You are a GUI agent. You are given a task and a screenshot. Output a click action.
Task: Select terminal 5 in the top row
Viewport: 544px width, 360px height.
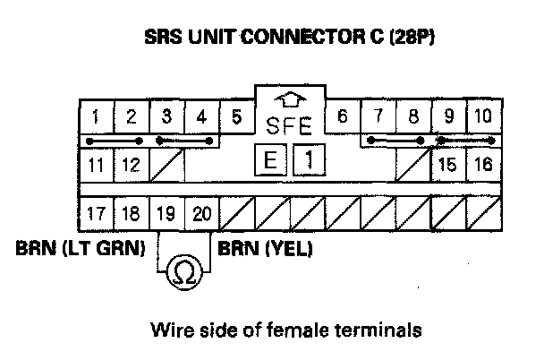coord(236,116)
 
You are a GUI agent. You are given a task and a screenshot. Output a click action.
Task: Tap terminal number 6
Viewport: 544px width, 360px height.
coord(342,116)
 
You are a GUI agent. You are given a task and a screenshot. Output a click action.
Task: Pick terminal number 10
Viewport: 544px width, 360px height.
coord(482,116)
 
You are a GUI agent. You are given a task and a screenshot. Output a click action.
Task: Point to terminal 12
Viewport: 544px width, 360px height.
coord(131,165)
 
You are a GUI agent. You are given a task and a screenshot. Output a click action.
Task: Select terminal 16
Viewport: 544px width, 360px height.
coord(482,165)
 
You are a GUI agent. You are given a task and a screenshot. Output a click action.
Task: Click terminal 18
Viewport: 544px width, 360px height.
coord(131,214)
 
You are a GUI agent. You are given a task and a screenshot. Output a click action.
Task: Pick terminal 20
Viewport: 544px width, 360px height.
coord(201,214)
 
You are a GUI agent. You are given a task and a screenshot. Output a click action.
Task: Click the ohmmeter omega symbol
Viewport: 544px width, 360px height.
coord(184,270)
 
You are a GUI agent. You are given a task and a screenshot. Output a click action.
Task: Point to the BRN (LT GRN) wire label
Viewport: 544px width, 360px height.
coord(81,248)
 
